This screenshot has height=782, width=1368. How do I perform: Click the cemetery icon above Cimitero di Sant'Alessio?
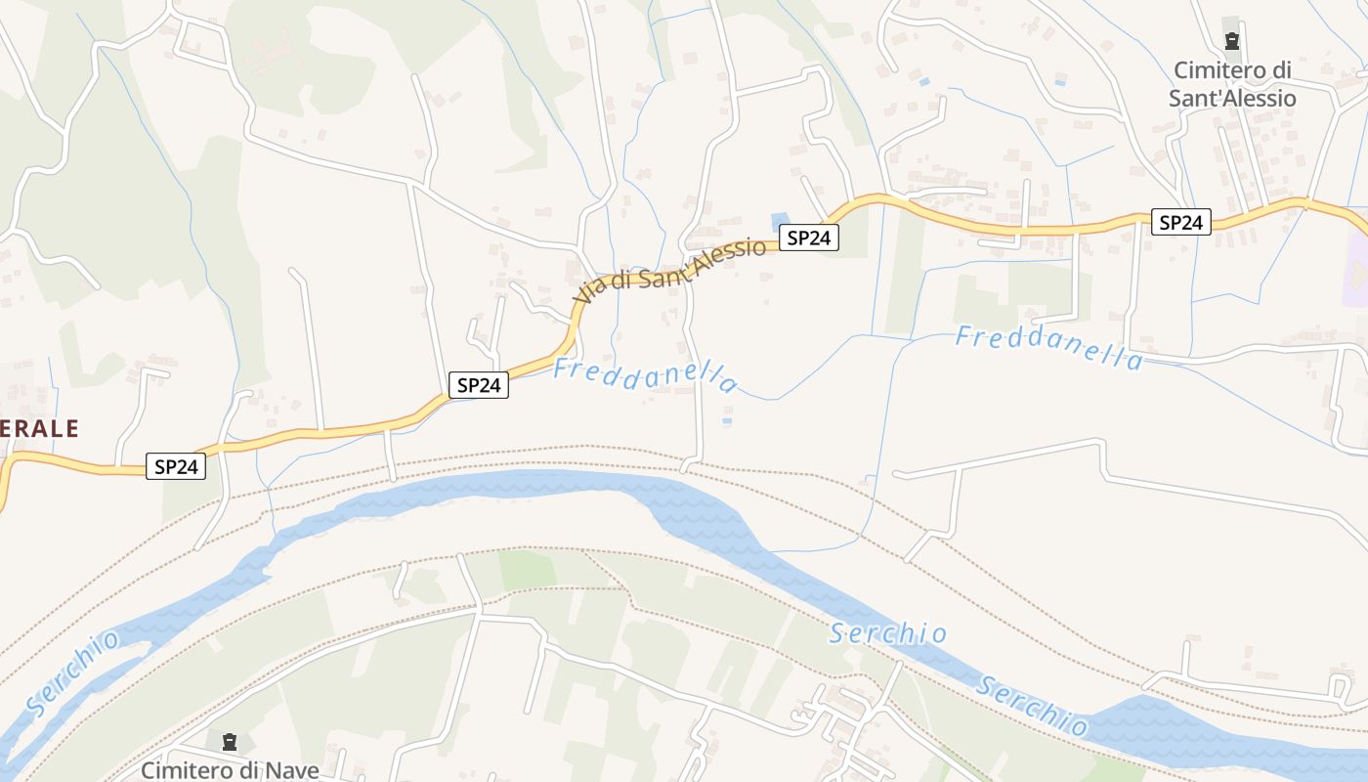point(1231,41)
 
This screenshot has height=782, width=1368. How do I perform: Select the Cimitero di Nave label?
point(230,770)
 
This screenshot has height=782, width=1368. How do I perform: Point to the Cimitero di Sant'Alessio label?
point(1233,84)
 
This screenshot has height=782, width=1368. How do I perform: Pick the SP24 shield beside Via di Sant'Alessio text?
point(809,238)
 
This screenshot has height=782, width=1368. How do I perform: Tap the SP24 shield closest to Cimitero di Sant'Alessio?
point(1180,223)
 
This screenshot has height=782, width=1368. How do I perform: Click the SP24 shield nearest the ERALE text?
point(177,467)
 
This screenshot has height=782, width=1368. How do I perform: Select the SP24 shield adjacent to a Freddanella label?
point(479,385)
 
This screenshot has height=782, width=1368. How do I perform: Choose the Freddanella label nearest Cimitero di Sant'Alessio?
point(1048,348)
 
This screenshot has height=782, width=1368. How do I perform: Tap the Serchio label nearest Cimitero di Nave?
point(73,673)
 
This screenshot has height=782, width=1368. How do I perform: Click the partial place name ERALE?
point(39,428)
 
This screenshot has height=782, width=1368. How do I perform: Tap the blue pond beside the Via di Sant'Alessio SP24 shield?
point(779,222)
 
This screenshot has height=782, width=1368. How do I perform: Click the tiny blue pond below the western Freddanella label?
point(726,421)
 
